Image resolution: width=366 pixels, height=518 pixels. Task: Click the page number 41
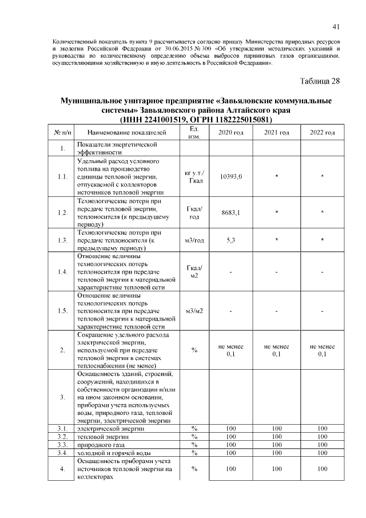tap(336, 27)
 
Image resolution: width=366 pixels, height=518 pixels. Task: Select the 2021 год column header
tap(276, 133)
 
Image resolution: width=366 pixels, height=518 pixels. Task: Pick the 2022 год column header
tap(322, 133)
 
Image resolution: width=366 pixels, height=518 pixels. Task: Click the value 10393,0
tap(230, 177)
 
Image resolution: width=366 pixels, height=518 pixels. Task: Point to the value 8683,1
tap(230, 213)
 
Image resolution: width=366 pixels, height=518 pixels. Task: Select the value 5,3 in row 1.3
tap(230, 240)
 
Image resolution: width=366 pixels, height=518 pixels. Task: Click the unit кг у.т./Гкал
tap(194, 177)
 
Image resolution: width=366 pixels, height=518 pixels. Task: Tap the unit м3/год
tap(194, 240)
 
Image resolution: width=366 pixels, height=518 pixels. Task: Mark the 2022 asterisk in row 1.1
tap(322, 177)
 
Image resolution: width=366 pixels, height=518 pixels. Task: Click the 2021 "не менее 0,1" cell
tap(276, 350)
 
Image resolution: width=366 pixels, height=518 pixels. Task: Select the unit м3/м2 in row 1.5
tap(194, 311)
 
